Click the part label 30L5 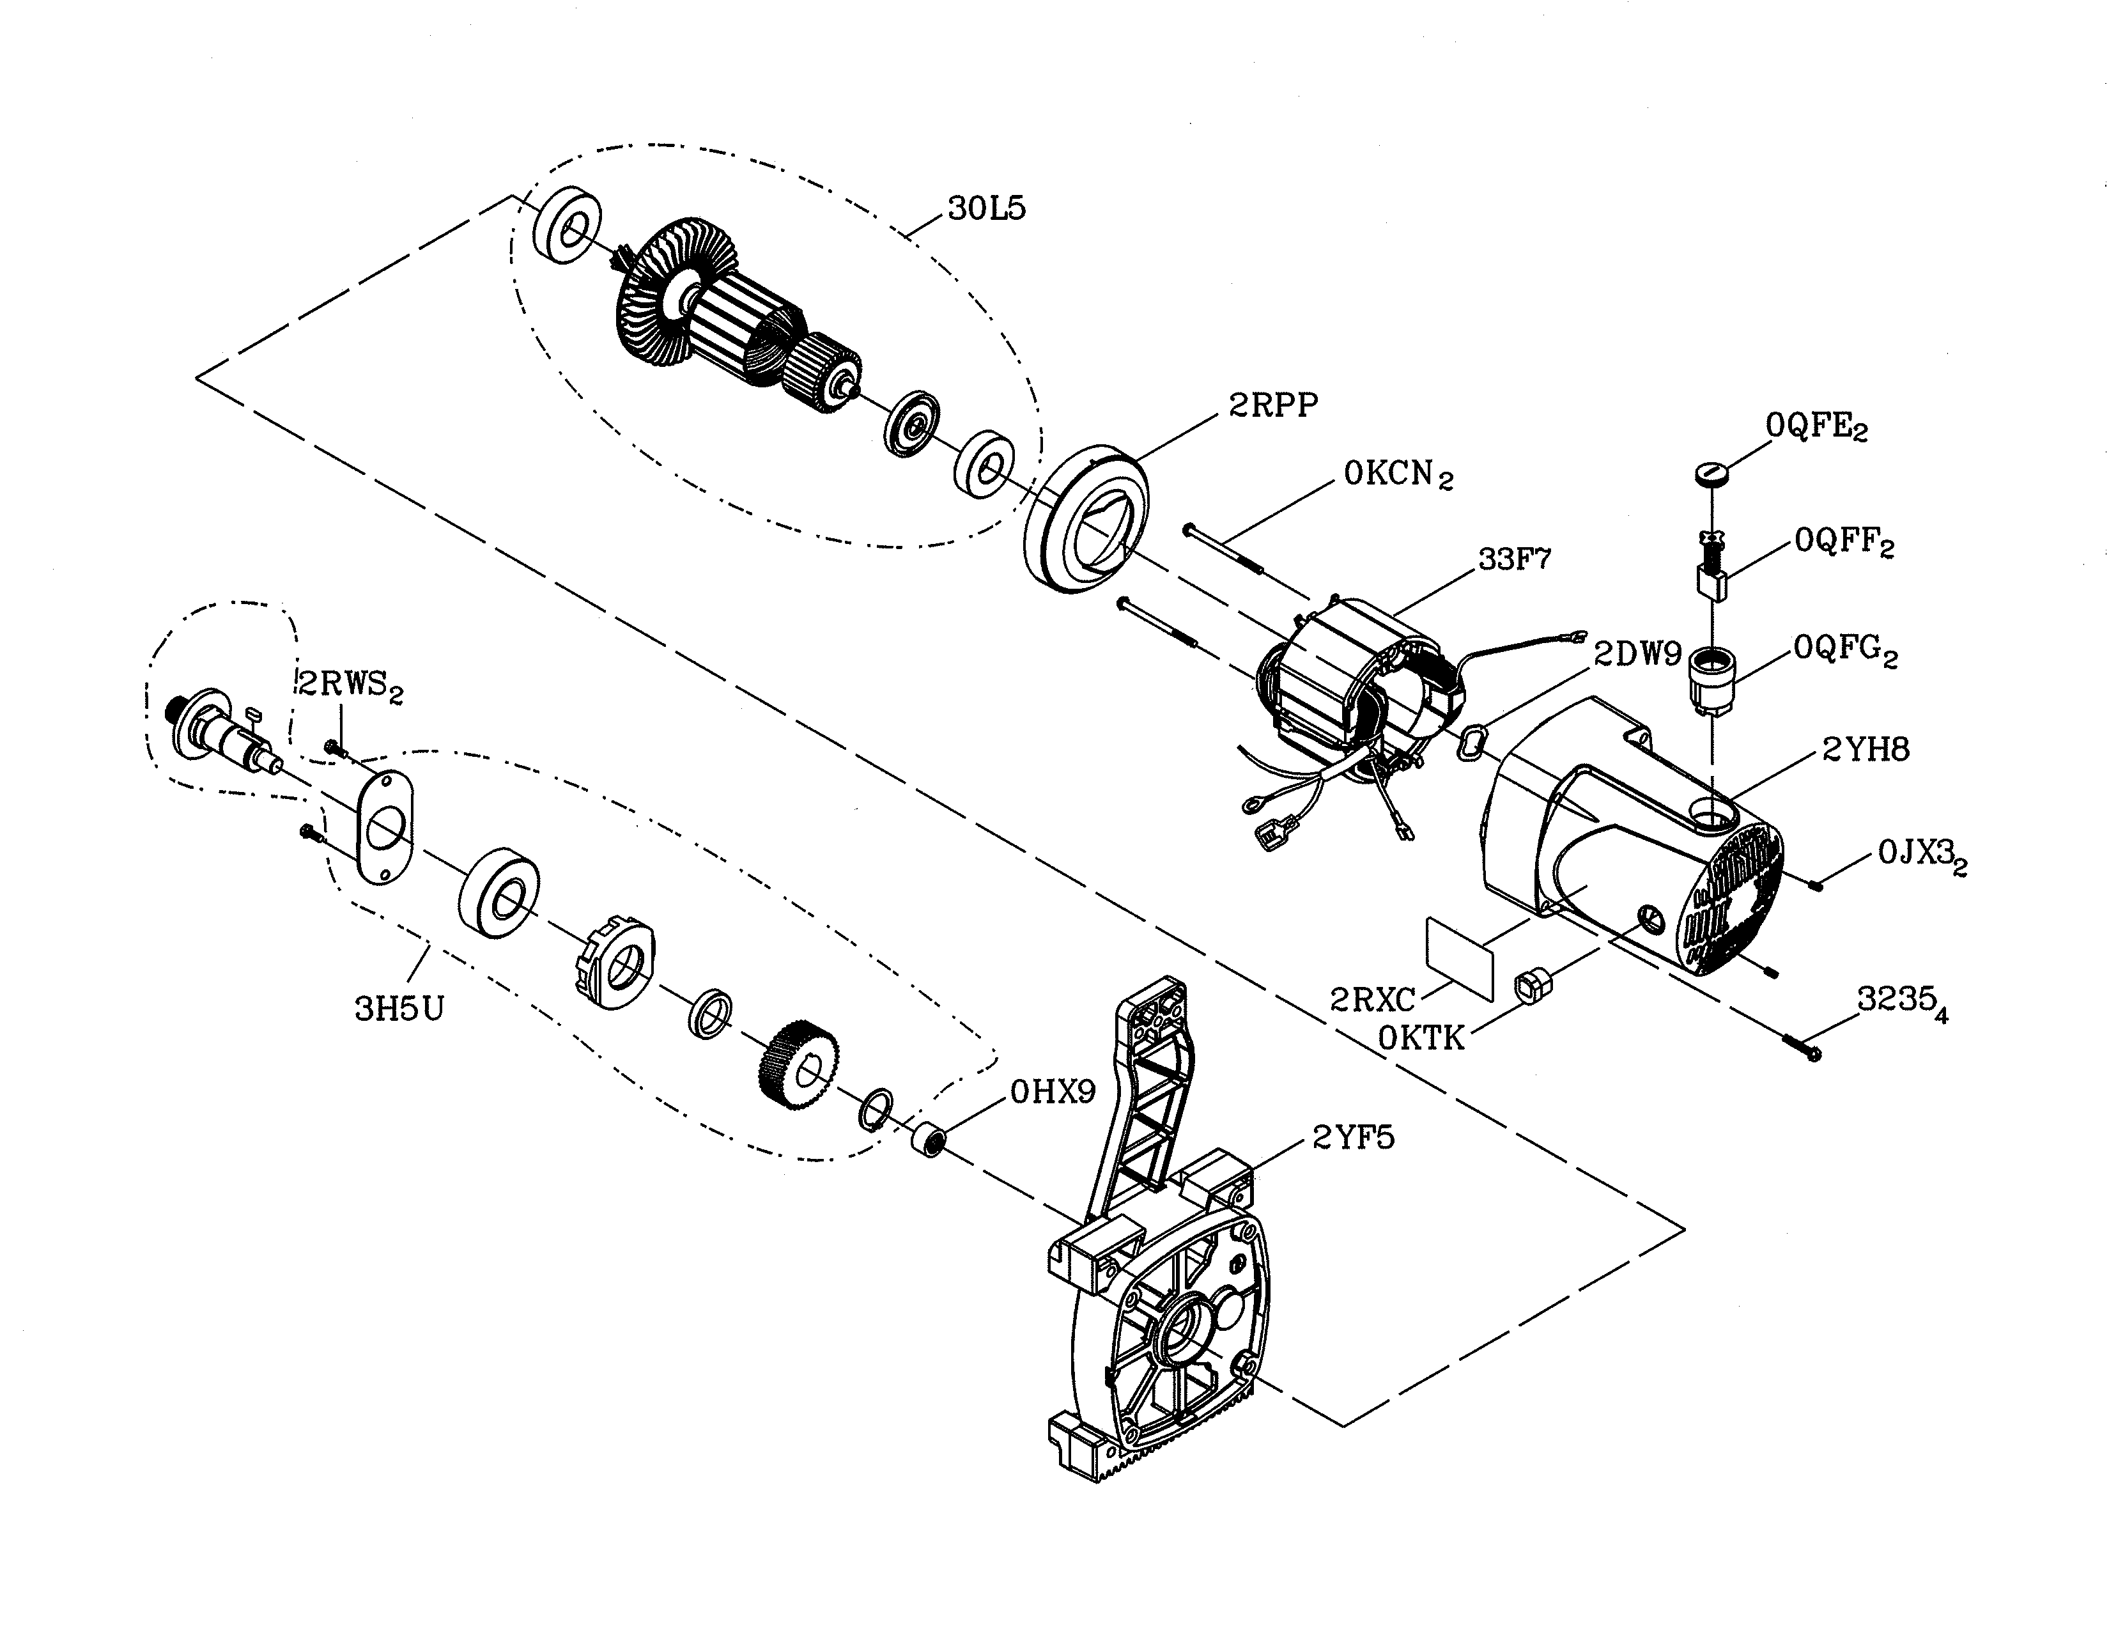click(x=986, y=208)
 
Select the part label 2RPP click(x=1272, y=405)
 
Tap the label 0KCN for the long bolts click(x=1396, y=475)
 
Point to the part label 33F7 click(x=1514, y=559)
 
